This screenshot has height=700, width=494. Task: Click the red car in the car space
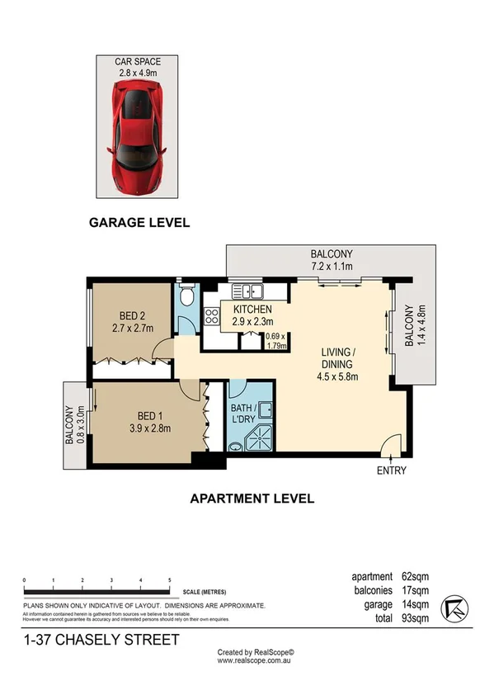pos(139,136)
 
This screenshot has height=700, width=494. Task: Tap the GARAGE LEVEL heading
pos(139,222)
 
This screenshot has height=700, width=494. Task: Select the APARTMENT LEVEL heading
pos(252,498)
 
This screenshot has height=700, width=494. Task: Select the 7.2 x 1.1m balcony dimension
pos(332,267)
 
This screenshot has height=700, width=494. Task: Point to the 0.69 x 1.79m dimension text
pos(275,341)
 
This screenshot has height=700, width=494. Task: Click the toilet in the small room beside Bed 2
pos(186,296)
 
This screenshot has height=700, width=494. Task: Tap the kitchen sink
pos(247,291)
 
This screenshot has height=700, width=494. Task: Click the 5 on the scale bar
pos(169,581)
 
